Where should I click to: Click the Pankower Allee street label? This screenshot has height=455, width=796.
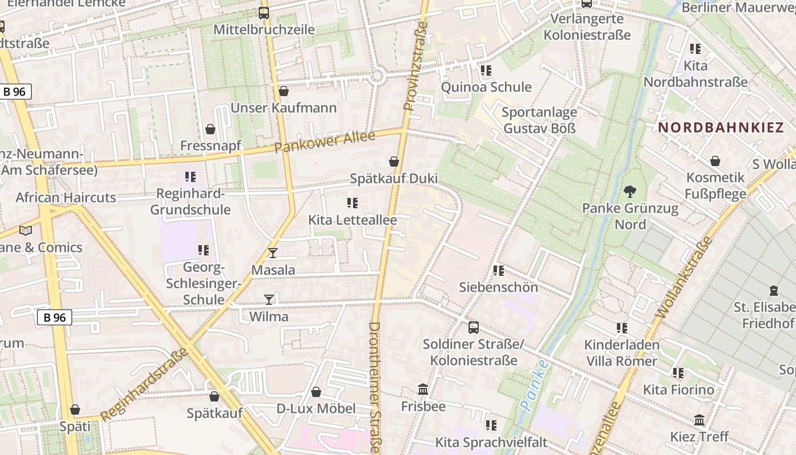325,142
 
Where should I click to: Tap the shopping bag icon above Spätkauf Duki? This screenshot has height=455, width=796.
393,162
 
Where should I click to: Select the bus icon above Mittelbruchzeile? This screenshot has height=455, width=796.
264,13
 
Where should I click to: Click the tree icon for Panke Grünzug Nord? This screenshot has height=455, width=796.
630,191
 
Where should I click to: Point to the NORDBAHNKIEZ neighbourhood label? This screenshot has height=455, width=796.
721,127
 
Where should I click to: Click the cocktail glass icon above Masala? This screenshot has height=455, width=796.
273,253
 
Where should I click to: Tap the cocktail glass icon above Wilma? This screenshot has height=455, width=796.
269,299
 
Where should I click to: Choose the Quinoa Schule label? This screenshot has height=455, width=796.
486,87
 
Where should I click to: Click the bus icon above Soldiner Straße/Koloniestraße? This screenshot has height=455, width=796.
473,327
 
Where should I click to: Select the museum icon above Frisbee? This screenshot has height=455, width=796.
423,390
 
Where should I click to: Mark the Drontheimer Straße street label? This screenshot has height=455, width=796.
374,387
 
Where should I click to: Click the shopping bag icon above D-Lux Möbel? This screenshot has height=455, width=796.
316,392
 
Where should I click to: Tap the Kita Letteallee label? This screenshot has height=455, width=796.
353,220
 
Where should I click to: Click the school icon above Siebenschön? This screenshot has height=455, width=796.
498,270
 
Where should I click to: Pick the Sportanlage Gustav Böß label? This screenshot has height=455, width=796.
539,120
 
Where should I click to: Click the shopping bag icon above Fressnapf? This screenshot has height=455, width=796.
210,129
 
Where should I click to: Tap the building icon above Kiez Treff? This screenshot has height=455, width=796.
699,420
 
